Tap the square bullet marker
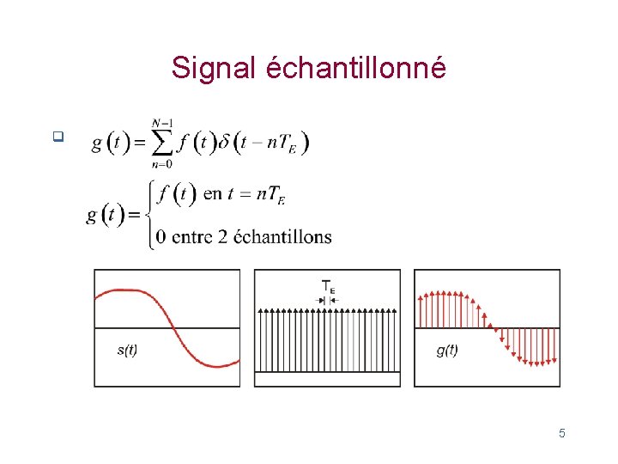(x=58, y=135)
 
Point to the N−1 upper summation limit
(x=161, y=123)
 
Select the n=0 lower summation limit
(x=161, y=163)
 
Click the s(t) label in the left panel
(x=127, y=351)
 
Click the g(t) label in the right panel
(x=446, y=351)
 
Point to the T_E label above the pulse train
(x=329, y=286)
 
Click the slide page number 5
(x=562, y=433)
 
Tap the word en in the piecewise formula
(x=211, y=194)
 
